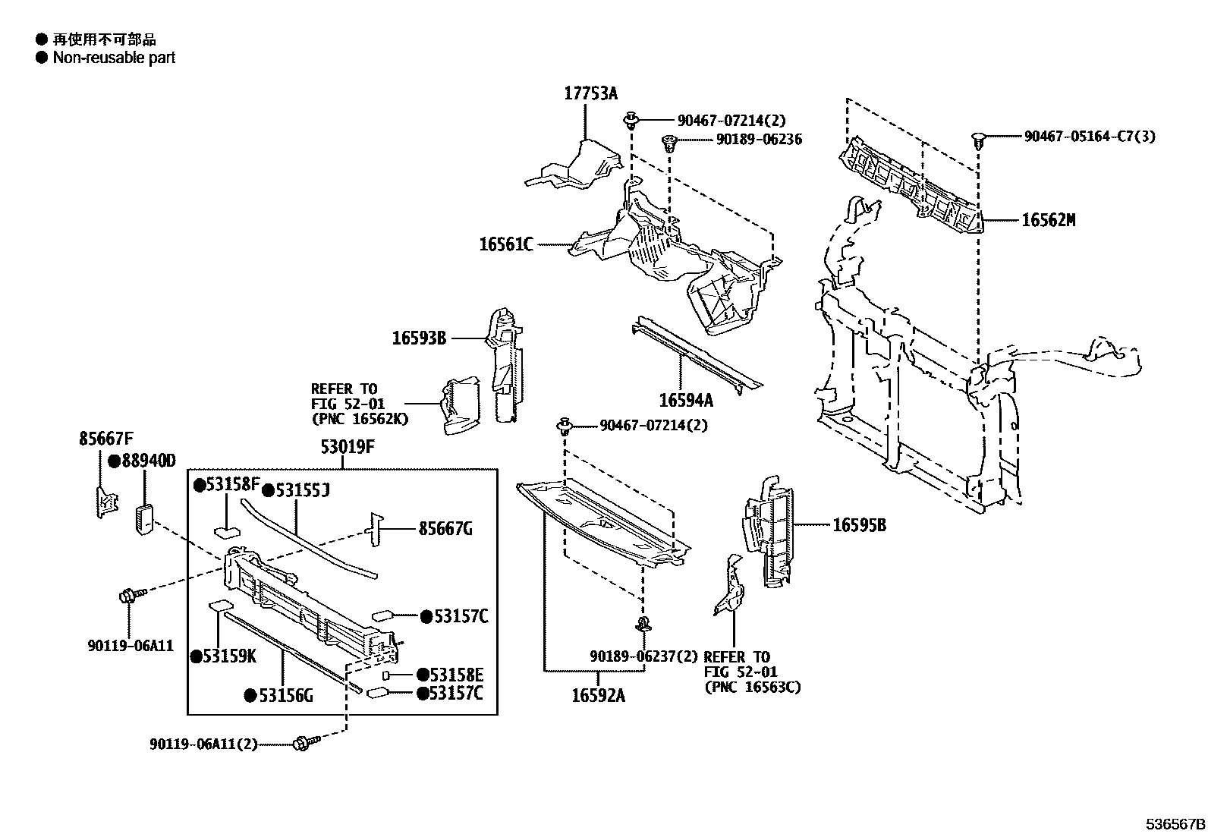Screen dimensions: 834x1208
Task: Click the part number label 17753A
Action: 590,93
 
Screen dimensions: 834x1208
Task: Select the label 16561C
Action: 506,244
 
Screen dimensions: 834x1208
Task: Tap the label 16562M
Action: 1048,220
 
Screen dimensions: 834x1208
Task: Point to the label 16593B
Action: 419,338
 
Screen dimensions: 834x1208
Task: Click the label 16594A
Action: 686,400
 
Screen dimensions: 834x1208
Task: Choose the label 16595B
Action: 859,524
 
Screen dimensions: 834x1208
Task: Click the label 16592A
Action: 598,695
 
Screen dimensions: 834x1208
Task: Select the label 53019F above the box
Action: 348,446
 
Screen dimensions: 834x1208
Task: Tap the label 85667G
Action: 445,528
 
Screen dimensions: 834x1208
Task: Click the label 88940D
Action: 148,461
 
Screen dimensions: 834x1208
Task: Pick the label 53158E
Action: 456,675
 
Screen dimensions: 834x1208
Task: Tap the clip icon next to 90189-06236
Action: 668,142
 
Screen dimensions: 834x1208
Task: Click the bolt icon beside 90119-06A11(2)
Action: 301,743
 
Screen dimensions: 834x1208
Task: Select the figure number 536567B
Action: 1175,823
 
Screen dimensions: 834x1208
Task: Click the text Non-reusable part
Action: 114,58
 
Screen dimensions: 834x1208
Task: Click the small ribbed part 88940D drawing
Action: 144,519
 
